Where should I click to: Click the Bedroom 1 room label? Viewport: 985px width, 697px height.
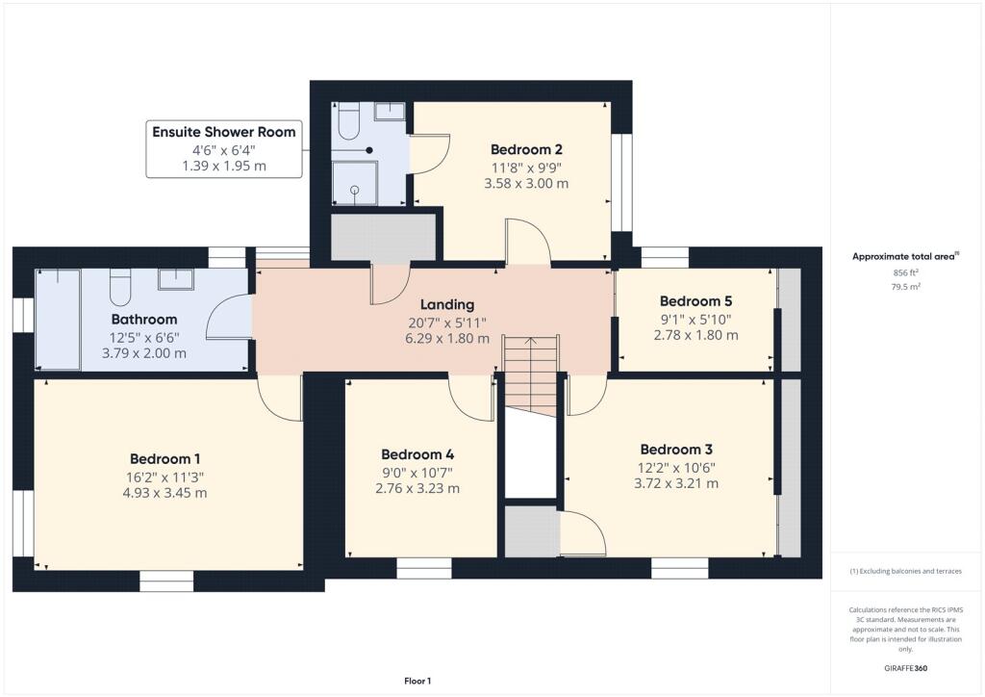tap(168, 458)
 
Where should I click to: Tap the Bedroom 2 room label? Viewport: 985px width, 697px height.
tap(526, 149)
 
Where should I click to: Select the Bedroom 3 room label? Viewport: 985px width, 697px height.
tap(676, 449)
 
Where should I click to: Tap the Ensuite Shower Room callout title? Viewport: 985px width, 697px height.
tap(224, 132)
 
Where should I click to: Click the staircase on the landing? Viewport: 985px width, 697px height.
tap(530, 375)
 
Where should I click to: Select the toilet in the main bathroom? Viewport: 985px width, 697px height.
tap(120, 286)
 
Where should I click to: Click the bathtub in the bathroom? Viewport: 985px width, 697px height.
tap(59, 320)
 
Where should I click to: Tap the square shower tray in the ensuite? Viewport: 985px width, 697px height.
tap(356, 183)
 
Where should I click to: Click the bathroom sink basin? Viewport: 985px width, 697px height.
tap(176, 278)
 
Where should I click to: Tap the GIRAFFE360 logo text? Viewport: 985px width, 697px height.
tap(906, 667)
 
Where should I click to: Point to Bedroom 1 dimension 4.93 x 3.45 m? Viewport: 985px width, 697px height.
tap(168, 493)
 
